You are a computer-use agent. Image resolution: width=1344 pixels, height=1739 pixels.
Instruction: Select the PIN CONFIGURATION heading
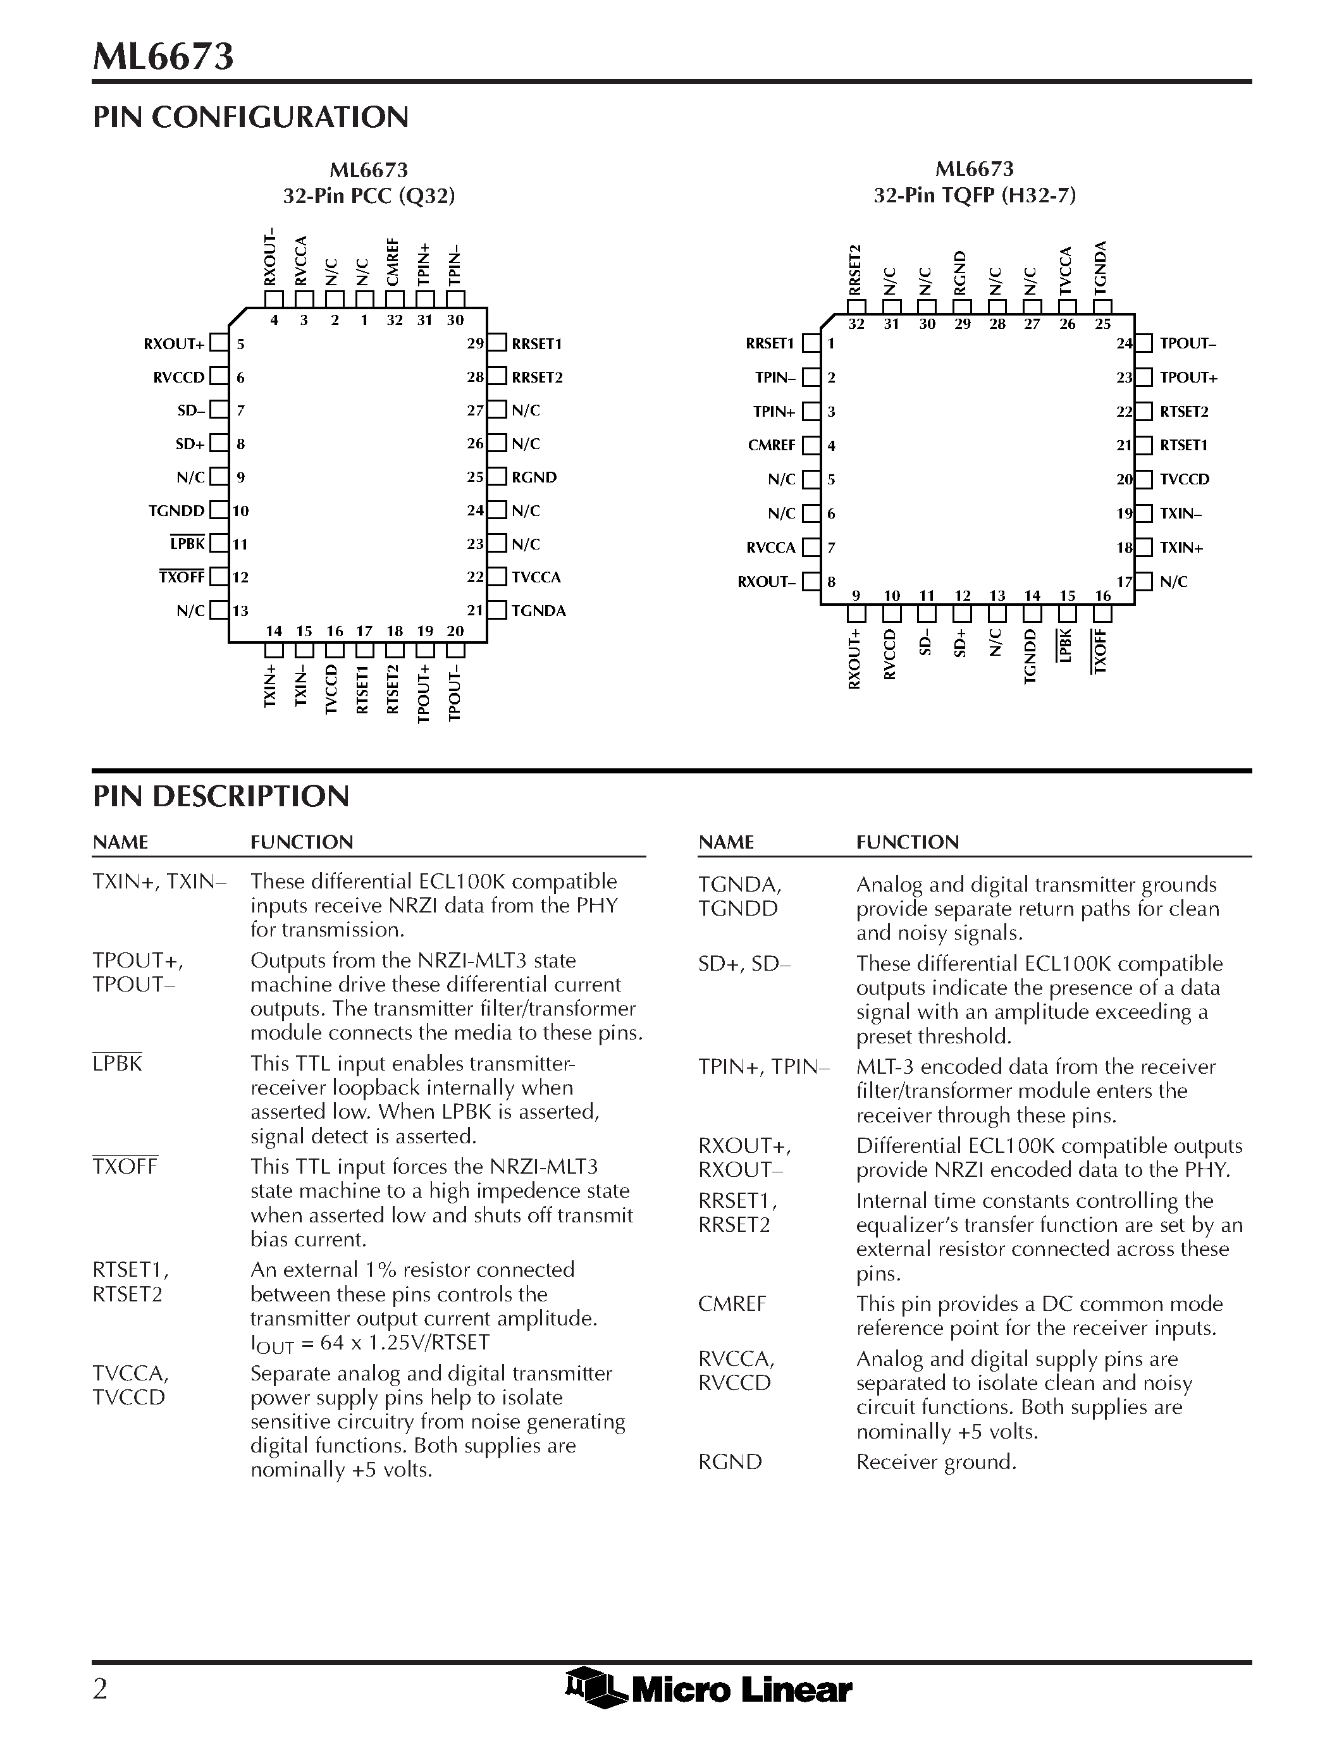pos(251,117)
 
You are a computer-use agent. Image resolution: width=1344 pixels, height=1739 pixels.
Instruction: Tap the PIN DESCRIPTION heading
pos(221,796)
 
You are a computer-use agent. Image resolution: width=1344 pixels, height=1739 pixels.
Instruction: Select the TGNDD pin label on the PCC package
pos(176,510)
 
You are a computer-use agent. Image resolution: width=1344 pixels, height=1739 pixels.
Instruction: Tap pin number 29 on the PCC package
pos(476,344)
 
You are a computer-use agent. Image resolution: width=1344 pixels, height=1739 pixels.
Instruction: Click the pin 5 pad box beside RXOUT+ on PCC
pos(218,344)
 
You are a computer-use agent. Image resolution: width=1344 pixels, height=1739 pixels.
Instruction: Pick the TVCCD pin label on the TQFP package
pos(1185,479)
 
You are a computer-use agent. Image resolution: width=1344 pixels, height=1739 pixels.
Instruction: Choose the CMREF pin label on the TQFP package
pos(772,445)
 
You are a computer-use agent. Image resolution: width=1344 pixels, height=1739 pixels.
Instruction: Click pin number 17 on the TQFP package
pos(1123,581)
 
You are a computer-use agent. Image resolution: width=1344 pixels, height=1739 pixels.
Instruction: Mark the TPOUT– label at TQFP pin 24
pos(1188,343)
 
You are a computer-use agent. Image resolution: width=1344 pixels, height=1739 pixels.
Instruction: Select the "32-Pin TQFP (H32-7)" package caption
pos(975,195)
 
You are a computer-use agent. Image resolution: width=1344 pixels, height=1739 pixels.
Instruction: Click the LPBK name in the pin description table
pos(118,1064)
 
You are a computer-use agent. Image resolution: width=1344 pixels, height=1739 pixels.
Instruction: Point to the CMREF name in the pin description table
pos(732,1304)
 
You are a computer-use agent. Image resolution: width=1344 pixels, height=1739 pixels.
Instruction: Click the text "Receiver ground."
pos(936,1462)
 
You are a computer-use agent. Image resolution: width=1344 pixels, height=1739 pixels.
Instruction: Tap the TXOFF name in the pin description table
pos(125,1167)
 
